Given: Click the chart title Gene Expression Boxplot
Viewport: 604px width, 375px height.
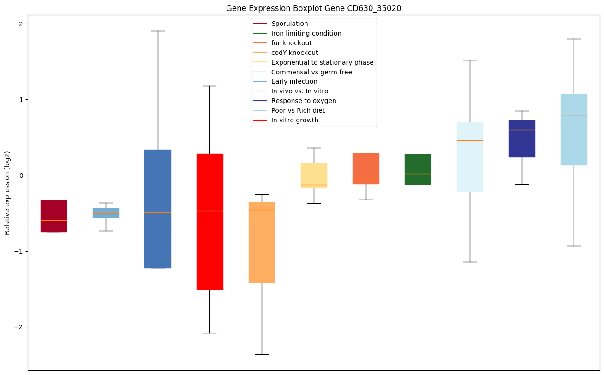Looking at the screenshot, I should coord(310,8).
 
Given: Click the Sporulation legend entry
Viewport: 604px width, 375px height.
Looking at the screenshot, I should coord(290,24).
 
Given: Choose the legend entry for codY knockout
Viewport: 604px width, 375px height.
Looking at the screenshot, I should coord(294,53).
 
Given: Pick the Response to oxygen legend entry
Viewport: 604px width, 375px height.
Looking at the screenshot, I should coord(304,101).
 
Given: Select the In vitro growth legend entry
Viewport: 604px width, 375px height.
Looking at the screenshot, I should coord(295,120).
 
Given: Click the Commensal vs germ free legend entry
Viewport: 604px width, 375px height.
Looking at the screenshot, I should coord(311,72).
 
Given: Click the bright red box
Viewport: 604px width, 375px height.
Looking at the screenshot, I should coord(210,222).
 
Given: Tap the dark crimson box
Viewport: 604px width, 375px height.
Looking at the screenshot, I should coord(54,216).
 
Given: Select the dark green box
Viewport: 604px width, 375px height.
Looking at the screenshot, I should coord(418,169).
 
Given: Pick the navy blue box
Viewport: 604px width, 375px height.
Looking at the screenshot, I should coord(522,139).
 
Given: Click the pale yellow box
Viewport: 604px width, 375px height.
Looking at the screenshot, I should coord(314,175).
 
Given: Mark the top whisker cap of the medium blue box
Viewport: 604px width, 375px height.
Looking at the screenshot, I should coord(158,31).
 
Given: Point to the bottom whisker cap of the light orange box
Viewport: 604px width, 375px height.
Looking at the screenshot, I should coord(262,354).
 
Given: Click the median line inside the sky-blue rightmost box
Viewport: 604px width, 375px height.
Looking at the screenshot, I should coord(574,115).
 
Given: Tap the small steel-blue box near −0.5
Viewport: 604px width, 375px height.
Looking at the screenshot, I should coord(106,213).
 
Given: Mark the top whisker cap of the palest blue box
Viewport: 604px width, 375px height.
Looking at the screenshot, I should coord(470,60).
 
